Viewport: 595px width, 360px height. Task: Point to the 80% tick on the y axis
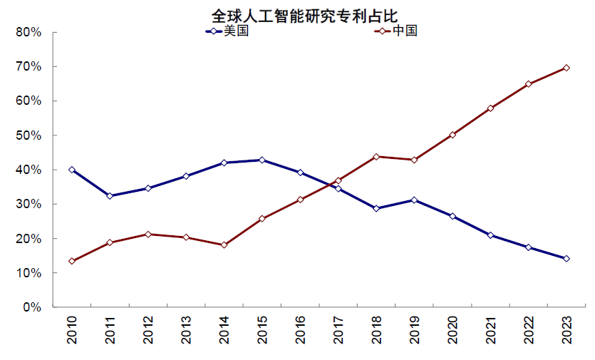29,33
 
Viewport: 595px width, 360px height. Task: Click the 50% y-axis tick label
29,135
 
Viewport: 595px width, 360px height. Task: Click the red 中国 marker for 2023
566,68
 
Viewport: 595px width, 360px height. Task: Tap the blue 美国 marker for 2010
72,170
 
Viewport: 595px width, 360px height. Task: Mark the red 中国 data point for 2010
72,261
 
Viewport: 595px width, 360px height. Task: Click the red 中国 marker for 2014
224,245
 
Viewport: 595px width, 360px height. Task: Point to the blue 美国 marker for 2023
566,259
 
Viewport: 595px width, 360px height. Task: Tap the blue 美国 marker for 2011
110,195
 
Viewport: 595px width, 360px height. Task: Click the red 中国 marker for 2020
452,135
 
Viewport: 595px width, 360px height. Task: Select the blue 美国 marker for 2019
414,200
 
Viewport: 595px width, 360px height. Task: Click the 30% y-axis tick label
29,205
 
